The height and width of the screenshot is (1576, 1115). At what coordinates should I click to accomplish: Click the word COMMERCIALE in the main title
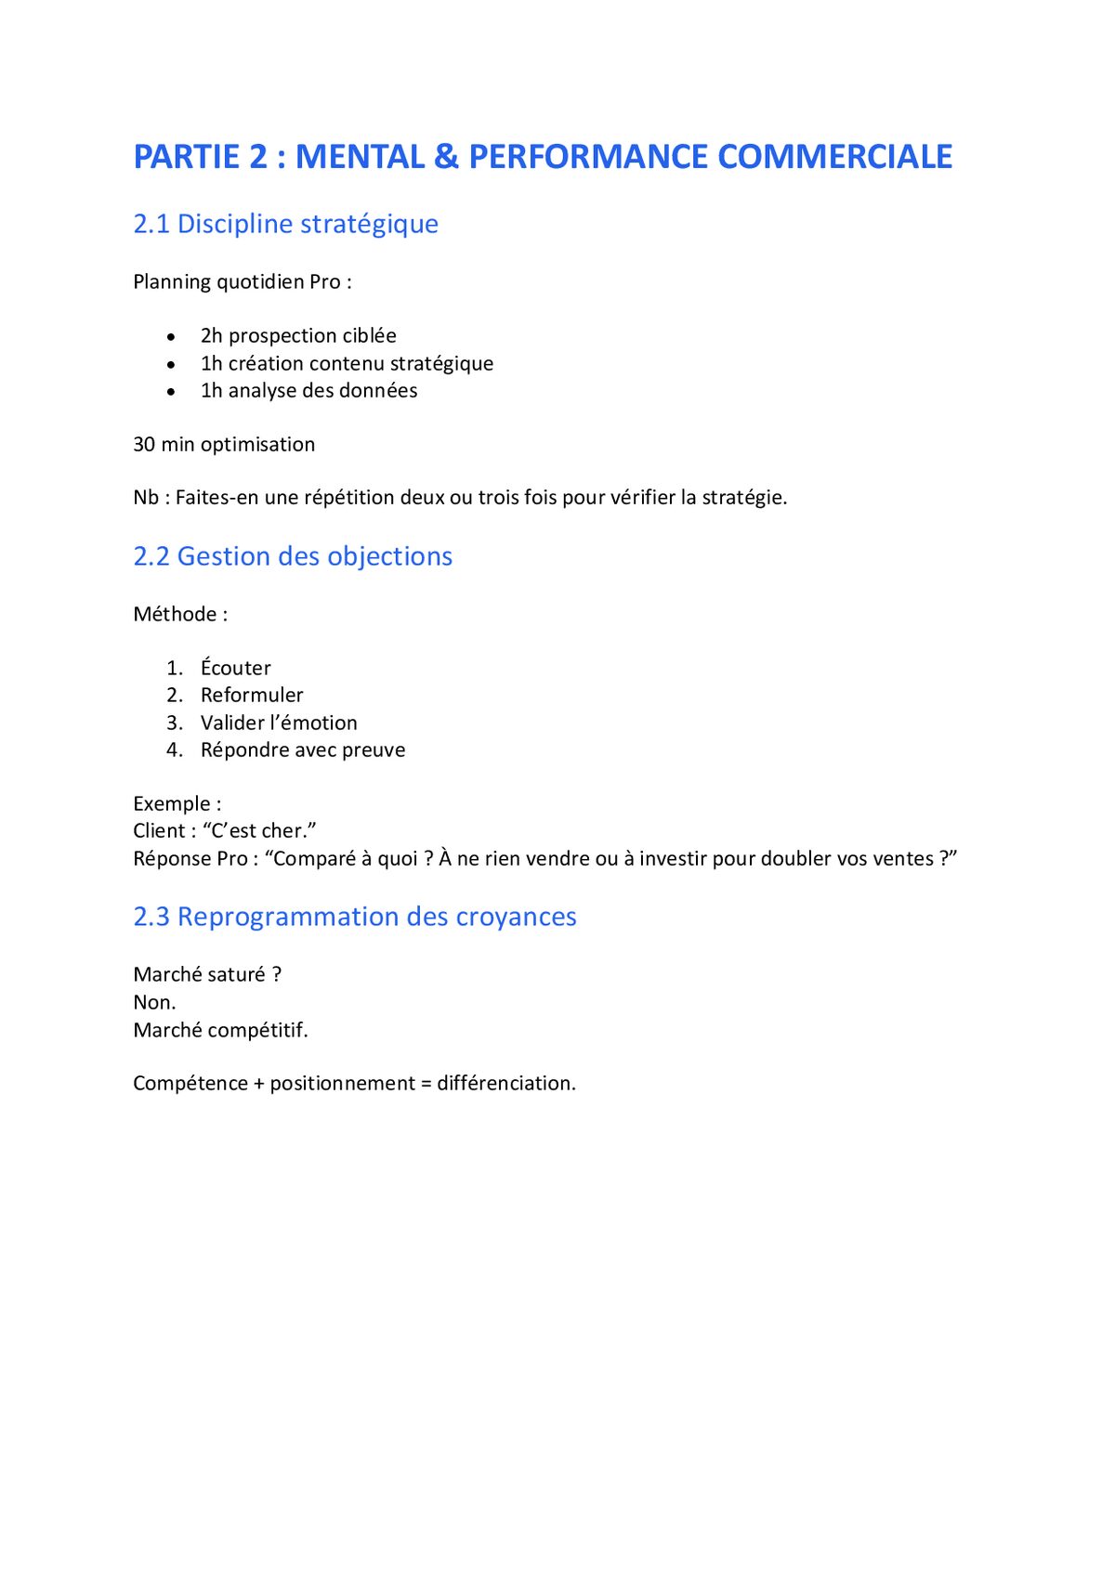pos(834,157)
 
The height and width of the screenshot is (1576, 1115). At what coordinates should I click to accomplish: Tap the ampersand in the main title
pos(446,157)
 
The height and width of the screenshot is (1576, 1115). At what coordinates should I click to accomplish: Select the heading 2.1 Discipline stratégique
pos(285,224)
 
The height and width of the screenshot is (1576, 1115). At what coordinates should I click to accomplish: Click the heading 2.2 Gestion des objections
pos(293,556)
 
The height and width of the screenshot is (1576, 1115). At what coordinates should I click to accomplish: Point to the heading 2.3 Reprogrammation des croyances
pos(354,917)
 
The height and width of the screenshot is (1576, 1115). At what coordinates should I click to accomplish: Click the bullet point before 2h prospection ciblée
pos(171,337)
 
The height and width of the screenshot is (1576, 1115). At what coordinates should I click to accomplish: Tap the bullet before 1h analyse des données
pos(171,392)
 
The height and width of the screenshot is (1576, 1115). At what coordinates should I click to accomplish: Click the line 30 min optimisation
pos(224,444)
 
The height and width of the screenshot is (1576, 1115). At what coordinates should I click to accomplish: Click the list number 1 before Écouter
pos(174,668)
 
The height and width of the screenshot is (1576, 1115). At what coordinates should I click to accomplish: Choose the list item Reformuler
pos(252,695)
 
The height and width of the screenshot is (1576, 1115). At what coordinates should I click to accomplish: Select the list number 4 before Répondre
pos(174,749)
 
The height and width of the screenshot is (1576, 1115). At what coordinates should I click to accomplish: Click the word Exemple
pos(172,803)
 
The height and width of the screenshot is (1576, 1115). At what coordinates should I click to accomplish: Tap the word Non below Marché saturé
pos(152,1002)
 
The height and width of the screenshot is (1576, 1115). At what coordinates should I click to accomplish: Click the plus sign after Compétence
pos(258,1084)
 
